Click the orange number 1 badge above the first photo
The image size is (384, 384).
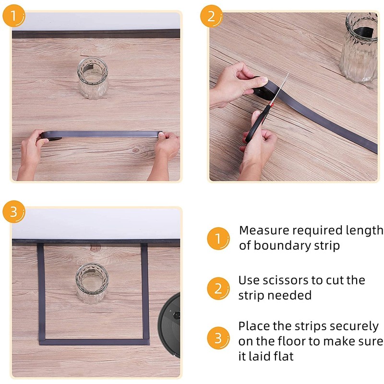14,16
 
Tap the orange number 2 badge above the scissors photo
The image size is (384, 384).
211,16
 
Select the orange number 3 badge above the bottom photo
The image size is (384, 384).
14,212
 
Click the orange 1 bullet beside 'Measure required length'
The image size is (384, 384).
218,239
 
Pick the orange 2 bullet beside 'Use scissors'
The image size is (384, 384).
218,288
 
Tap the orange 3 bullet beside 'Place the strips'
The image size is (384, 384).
218,338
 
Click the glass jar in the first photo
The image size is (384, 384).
93,78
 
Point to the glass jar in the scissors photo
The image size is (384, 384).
359,47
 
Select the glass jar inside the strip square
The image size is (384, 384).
92,284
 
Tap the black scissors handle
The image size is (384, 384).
256,125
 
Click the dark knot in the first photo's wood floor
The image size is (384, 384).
135,150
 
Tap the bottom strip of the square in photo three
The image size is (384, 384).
94,342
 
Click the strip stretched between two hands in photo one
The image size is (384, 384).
100,134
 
